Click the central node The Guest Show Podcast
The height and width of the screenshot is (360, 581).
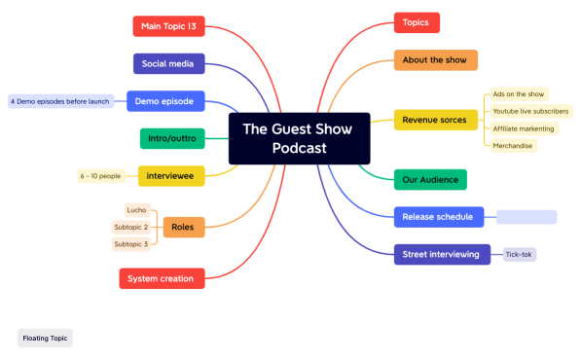click(299, 137)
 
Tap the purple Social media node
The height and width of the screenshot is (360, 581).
click(168, 64)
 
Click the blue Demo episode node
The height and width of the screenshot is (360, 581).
click(163, 100)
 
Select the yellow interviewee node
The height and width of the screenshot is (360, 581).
click(170, 175)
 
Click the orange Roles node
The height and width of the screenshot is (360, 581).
click(183, 227)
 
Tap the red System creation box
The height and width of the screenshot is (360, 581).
click(162, 278)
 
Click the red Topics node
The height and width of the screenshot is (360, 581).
click(417, 22)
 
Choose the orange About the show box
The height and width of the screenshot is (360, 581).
click(435, 60)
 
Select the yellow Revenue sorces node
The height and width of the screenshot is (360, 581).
click(434, 121)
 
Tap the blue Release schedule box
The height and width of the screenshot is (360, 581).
click(437, 216)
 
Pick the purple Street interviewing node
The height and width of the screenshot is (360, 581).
click(441, 254)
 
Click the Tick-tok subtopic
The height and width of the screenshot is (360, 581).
click(520, 254)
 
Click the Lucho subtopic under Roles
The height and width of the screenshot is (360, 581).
click(136, 210)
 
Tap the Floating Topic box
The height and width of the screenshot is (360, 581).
click(45, 338)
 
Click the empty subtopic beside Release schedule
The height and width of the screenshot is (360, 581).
click(527, 216)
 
